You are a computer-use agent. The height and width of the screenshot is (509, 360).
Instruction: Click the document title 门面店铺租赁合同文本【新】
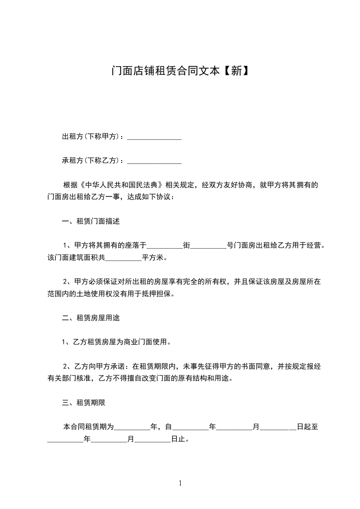pyautogui.click(x=180, y=71)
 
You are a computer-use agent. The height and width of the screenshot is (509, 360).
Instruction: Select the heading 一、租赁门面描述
pyautogui.click(x=91, y=222)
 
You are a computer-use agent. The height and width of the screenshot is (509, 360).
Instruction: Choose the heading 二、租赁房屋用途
pyautogui.click(x=91, y=318)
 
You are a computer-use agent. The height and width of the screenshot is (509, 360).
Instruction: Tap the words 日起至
pyautogui.click(x=307, y=426)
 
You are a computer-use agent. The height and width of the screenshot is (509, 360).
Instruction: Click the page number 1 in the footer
pyautogui.click(x=180, y=483)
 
